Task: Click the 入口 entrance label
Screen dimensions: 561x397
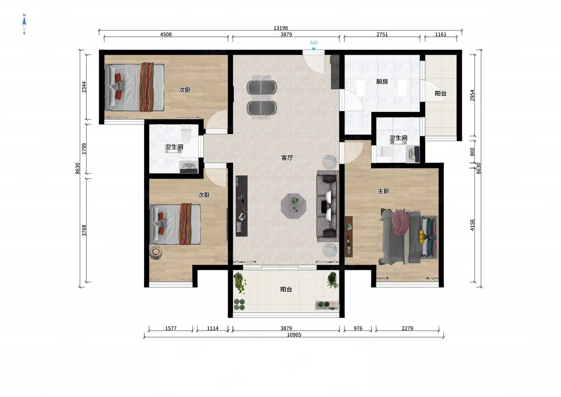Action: [x=313, y=43]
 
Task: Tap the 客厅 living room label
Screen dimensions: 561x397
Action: [x=287, y=158]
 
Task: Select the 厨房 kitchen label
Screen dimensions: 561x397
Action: [x=382, y=82]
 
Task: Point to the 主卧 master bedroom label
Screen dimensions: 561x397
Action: [x=383, y=191]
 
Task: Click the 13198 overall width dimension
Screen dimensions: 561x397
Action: [x=280, y=28]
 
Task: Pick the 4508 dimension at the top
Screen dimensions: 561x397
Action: [x=166, y=35]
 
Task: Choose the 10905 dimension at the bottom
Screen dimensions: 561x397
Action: [x=294, y=335]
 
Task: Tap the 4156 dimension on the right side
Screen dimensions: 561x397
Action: [x=472, y=225]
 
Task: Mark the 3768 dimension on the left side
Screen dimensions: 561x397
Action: [x=84, y=231]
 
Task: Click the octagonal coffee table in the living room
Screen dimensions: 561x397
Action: [x=294, y=206]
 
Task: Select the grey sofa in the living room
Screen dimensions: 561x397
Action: [x=328, y=206]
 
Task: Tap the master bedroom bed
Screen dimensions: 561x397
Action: [x=408, y=237]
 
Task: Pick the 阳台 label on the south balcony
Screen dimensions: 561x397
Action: [x=286, y=289]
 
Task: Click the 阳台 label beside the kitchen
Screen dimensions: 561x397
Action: [x=440, y=93]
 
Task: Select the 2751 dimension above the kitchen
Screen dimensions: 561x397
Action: [x=382, y=35]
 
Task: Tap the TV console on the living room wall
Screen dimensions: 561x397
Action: [x=241, y=206]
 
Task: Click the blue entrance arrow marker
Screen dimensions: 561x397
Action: [x=314, y=49]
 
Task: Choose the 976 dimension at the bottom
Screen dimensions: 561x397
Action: [x=358, y=328]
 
